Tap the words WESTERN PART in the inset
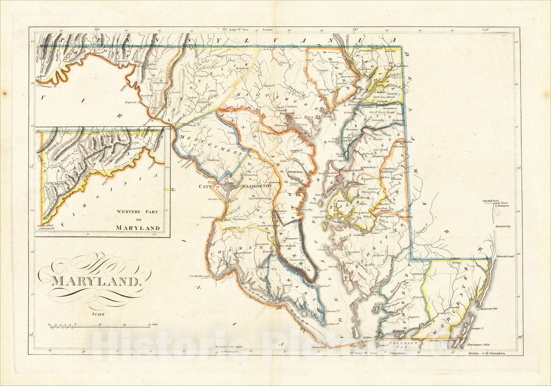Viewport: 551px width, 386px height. [x=137, y=212]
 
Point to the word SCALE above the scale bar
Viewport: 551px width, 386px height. [x=98, y=313]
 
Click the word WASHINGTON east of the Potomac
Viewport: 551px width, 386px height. [x=257, y=186]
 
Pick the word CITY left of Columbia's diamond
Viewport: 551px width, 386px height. [x=205, y=186]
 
